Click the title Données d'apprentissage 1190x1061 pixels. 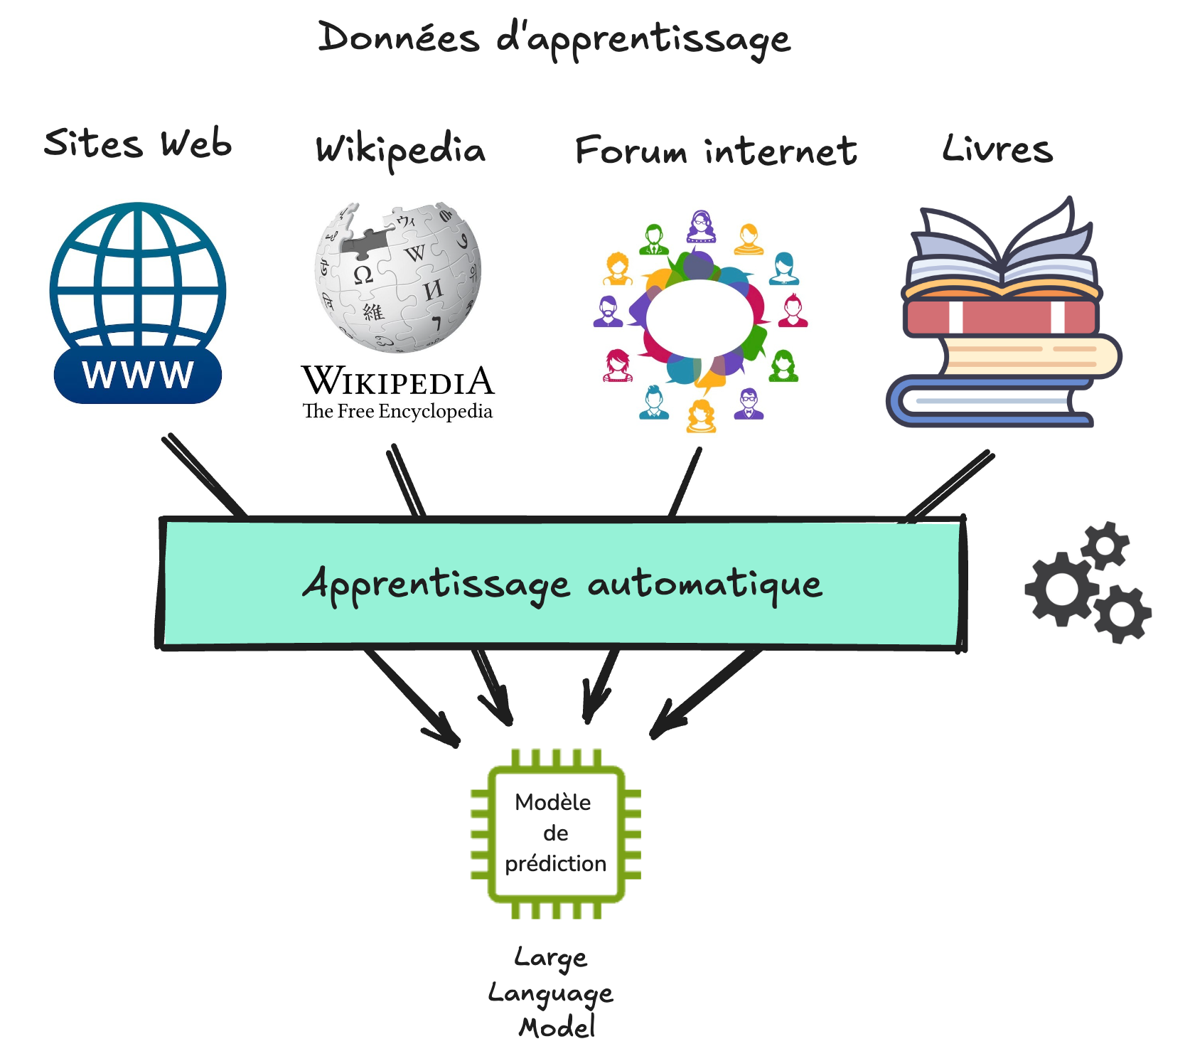click(553, 39)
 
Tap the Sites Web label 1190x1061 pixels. click(137, 144)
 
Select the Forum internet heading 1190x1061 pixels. click(715, 151)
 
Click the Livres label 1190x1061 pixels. click(997, 149)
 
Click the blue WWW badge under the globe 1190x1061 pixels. click(137, 375)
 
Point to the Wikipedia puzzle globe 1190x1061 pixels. click(397, 277)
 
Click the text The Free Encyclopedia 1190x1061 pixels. click(397, 412)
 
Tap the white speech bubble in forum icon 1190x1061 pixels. click(698, 318)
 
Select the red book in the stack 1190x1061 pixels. click(1001, 317)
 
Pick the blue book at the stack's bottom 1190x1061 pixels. click(988, 402)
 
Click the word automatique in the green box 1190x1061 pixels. click(704, 585)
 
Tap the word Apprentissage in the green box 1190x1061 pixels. click(436, 585)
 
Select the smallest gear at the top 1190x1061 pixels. click(1105, 545)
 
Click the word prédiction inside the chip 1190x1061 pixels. click(555, 863)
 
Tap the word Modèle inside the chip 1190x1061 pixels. click(552, 802)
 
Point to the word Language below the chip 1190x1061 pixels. click(550, 993)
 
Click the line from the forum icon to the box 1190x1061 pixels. click(685, 483)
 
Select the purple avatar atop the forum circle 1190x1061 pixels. click(701, 227)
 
